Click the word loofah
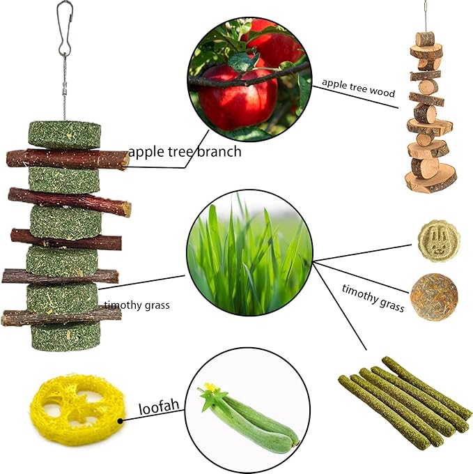click(x=161, y=408)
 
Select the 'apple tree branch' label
click(x=185, y=151)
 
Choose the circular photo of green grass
click(x=249, y=256)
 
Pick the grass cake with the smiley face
click(x=438, y=241)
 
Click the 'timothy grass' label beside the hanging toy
click(x=137, y=305)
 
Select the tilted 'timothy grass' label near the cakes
click(x=372, y=296)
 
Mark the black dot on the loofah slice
click(x=121, y=420)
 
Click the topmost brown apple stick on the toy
click(x=68, y=158)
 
